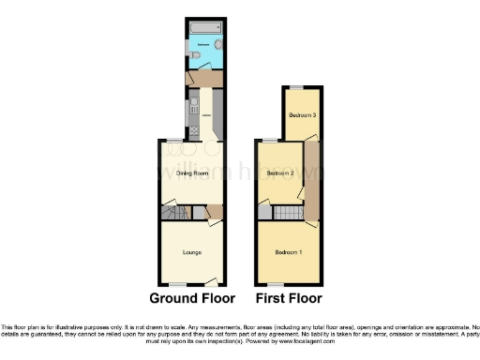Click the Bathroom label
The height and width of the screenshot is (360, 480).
(x=202, y=44)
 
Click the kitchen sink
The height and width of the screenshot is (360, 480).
(x=194, y=104)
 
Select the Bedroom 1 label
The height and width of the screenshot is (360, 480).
(x=288, y=253)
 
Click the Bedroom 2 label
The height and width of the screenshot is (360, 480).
(x=280, y=174)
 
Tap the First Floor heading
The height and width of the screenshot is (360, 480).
(x=288, y=299)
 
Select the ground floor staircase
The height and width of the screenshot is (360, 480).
(x=175, y=215)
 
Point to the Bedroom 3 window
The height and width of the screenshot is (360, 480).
(x=296, y=87)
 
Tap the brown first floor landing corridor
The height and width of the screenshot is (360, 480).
(x=312, y=178)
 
